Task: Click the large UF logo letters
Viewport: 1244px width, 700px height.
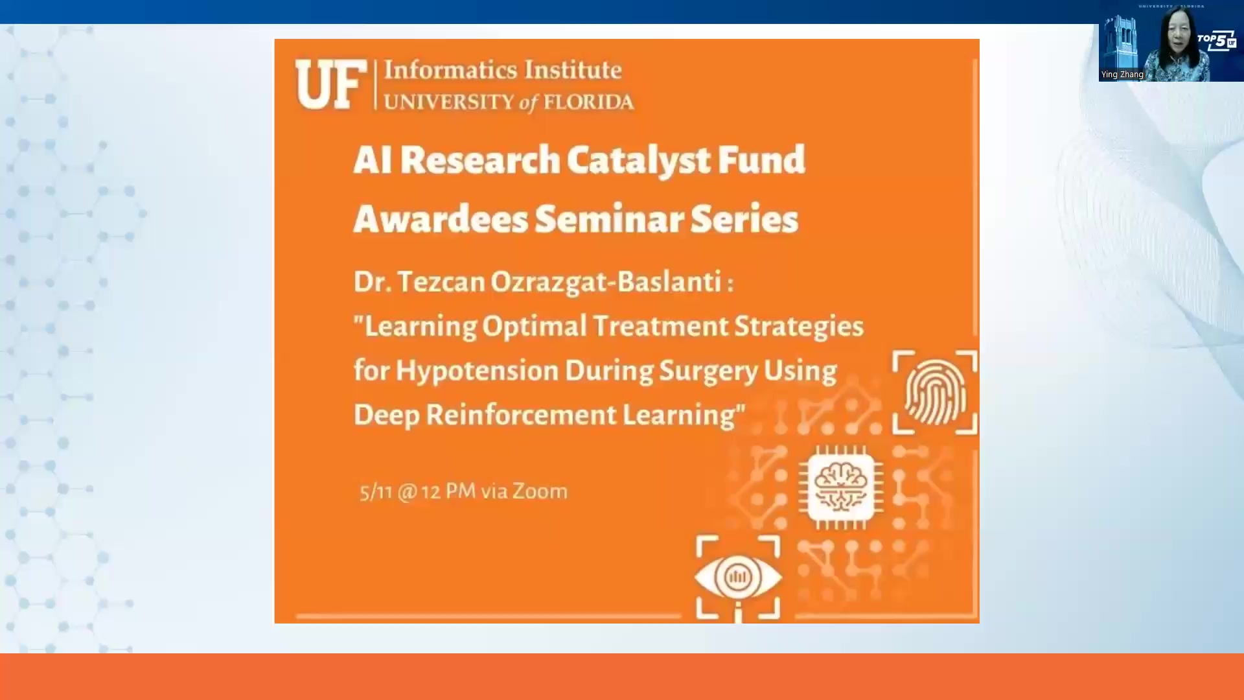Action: click(x=329, y=85)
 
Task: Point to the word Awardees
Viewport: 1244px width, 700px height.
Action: click(x=441, y=219)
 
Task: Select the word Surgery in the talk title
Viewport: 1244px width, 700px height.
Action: click(x=708, y=371)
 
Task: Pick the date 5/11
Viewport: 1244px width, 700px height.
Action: click(x=376, y=492)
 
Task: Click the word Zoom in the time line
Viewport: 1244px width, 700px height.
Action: click(x=540, y=491)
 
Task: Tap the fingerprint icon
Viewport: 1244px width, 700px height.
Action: click(x=934, y=392)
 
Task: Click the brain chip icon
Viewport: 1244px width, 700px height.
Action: click(x=840, y=487)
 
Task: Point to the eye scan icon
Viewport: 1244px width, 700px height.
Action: click(x=737, y=576)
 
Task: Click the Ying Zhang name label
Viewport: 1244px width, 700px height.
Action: click(x=1122, y=75)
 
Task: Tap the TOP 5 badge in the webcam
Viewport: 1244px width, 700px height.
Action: click(x=1217, y=41)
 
